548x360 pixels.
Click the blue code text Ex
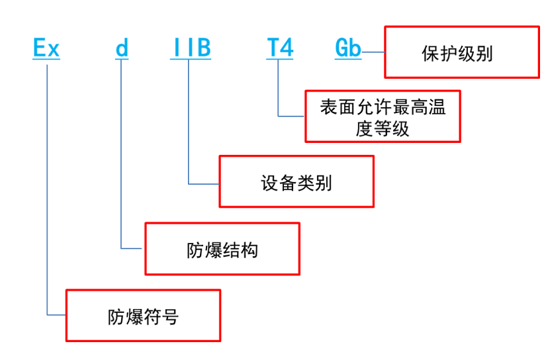(x=46, y=49)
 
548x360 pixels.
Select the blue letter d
(x=122, y=49)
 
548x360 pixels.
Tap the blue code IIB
(x=189, y=49)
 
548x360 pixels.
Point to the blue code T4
(x=279, y=49)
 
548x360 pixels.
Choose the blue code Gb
(x=348, y=49)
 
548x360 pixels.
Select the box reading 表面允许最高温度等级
(x=383, y=116)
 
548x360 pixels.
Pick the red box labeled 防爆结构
(x=222, y=249)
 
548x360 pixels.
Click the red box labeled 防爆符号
(x=143, y=316)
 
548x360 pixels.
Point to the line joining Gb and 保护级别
(x=373, y=52)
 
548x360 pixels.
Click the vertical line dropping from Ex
(x=47, y=185)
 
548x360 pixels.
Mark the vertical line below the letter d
(x=122, y=152)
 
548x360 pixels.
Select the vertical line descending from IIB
(x=189, y=119)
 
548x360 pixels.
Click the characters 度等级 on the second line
(x=383, y=128)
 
